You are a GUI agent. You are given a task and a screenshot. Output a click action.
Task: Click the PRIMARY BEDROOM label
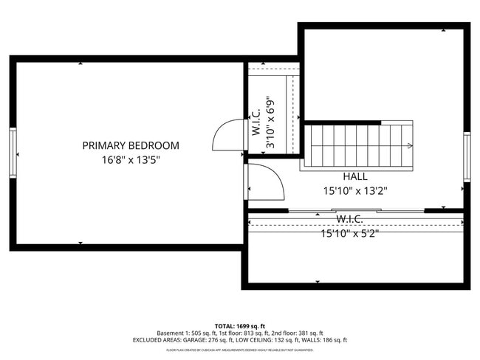(x=131, y=146)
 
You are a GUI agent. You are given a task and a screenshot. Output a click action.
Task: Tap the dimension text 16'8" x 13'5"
(x=131, y=160)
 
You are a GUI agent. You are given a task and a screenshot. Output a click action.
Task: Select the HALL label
(x=355, y=177)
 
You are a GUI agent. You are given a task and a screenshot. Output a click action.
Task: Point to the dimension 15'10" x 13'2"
(x=355, y=190)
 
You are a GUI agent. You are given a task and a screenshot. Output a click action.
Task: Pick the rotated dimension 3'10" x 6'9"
(x=271, y=123)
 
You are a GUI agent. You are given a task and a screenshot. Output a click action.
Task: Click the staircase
(x=360, y=145)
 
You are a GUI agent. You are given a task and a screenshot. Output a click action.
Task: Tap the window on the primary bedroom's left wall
(x=13, y=153)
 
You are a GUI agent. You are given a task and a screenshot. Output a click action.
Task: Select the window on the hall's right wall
(x=467, y=156)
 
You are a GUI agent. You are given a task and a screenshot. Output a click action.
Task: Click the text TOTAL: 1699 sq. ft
(x=240, y=326)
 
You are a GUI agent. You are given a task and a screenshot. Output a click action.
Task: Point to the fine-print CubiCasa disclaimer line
(x=240, y=350)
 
